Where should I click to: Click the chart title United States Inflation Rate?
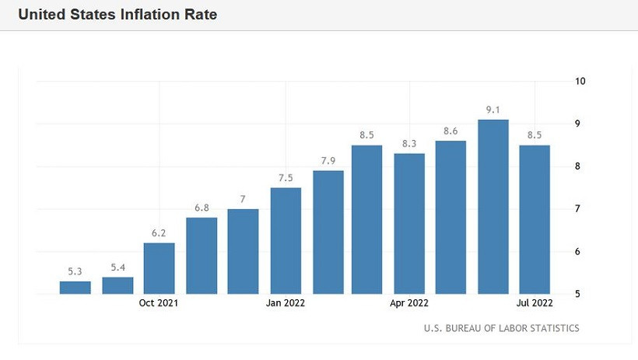pos(117,15)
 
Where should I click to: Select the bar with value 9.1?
pos(493,206)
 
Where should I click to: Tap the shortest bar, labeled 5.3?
pos(75,287)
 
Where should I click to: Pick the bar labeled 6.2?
pos(159,267)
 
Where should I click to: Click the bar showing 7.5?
pos(286,240)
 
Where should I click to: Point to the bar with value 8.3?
pos(409,223)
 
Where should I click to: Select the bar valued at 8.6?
pos(450,217)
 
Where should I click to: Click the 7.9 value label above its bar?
pos(328,161)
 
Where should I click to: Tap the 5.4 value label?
pos(117,267)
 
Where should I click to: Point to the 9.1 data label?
pos(493,110)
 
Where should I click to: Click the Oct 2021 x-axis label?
pos(159,303)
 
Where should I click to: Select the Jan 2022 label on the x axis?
pos(285,303)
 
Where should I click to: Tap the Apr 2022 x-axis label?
pos(409,303)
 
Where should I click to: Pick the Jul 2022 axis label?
pos(534,303)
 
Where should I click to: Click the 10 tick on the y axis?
pos(580,81)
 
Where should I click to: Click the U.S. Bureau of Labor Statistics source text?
pos(501,328)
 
